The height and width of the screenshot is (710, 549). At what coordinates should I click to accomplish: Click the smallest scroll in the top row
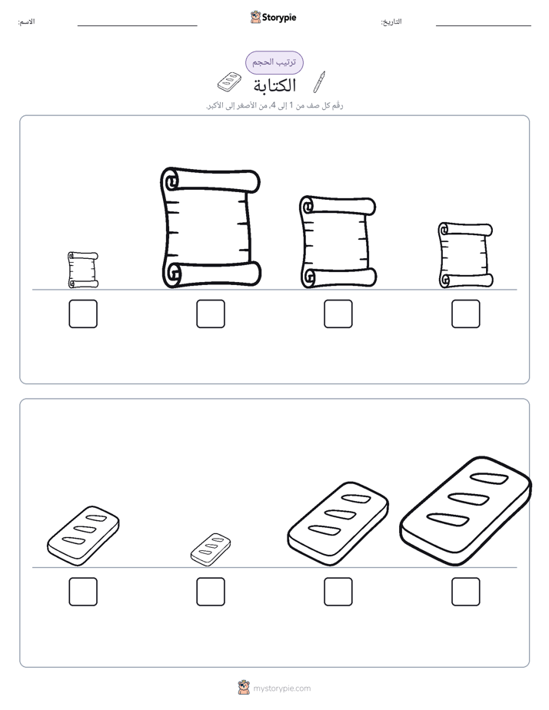(83, 270)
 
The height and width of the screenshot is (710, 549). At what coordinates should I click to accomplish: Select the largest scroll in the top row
(211, 227)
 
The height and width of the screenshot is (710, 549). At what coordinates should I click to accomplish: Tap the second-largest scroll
(338, 242)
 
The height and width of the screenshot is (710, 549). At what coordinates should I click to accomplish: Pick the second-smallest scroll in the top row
(466, 255)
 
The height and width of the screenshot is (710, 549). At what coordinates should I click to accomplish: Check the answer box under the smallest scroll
(83, 314)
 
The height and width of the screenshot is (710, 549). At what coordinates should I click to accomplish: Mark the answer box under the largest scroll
(211, 314)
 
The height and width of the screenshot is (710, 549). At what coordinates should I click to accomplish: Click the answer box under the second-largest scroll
(338, 314)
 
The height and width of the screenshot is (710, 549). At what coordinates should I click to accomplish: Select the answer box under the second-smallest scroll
(466, 314)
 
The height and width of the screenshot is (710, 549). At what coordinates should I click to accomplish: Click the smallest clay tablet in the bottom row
(211, 549)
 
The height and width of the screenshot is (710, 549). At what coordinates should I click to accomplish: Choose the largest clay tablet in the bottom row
(466, 511)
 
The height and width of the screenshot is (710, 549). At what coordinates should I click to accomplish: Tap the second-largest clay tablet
(338, 524)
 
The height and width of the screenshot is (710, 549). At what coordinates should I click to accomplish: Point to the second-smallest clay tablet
(83, 536)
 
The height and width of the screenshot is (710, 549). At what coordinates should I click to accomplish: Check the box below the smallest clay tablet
(211, 592)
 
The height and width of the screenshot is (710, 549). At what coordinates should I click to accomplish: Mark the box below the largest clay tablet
(466, 592)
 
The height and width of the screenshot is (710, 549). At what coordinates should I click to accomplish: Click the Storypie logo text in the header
(279, 18)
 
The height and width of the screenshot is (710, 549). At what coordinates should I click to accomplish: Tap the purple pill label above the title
(274, 62)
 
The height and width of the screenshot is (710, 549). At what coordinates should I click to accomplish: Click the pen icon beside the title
(319, 82)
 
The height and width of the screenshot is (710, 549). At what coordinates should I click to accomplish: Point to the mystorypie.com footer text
(281, 688)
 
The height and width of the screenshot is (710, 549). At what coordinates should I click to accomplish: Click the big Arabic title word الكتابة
(274, 85)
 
